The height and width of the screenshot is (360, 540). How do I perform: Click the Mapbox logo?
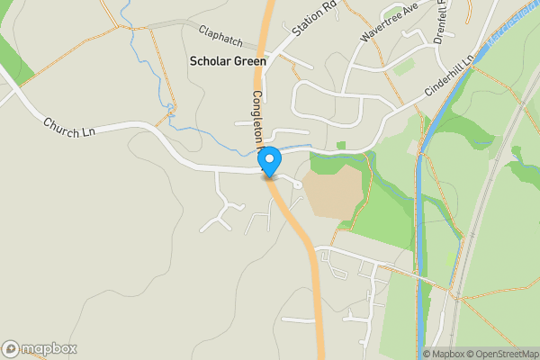pos(40,348)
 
